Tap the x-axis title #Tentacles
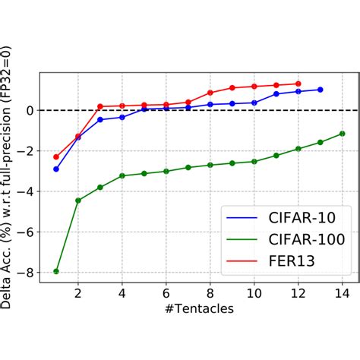[199, 311]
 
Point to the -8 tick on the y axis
[30, 272]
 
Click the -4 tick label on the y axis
[30, 191]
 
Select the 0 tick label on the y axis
[33, 110]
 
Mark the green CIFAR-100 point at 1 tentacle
[56, 271]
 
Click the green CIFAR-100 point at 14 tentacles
[343, 134]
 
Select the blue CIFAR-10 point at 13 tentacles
[321, 90]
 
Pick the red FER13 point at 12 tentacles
[298, 84]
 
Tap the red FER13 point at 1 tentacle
[56, 156]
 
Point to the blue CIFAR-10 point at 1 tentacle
[56, 169]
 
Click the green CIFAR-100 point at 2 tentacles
[78, 201]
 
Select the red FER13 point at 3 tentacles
[100, 106]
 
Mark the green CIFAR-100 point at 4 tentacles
[122, 175]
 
